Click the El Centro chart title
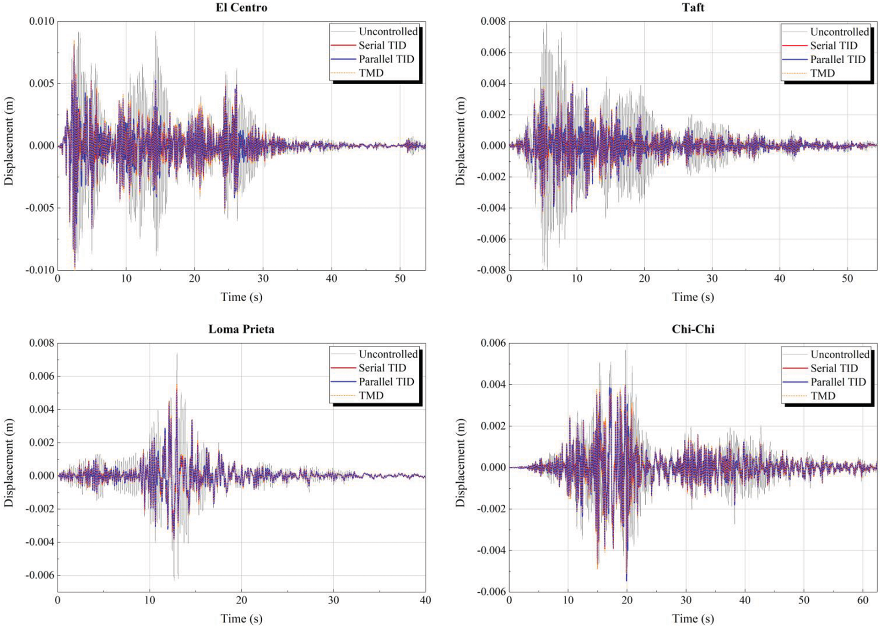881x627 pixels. (x=241, y=8)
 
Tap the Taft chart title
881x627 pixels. (x=693, y=8)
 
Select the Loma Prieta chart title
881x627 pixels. (x=241, y=329)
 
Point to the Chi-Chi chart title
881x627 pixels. (x=693, y=329)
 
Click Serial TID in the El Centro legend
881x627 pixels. (x=382, y=45)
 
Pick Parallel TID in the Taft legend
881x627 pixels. (x=838, y=60)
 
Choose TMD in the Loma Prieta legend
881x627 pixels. (x=371, y=395)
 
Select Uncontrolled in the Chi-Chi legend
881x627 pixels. (x=840, y=354)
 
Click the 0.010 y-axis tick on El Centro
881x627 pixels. (x=42, y=22)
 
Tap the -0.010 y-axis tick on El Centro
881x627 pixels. (x=40, y=270)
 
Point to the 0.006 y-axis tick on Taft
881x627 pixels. (x=493, y=53)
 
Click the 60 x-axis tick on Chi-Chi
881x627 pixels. (x=863, y=600)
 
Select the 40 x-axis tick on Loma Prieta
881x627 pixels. (x=425, y=600)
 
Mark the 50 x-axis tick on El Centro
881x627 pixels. (x=400, y=279)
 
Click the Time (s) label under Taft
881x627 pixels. (x=693, y=297)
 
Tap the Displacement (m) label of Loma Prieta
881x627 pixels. (x=9, y=463)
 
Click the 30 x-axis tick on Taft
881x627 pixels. (x=712, y=279)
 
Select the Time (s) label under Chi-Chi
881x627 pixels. (x=693, y=619)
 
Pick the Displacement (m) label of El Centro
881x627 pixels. (x=9, y=141)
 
